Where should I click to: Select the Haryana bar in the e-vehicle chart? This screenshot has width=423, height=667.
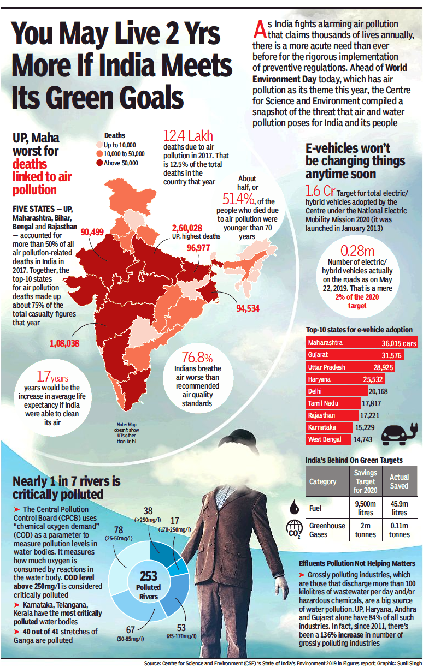click(x=345, y=379)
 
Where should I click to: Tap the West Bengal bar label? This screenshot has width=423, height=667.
click(x=325, y=439)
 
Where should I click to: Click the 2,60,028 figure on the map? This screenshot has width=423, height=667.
click(x=187, y=228)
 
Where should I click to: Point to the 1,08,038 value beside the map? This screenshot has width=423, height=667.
click(x=64, y=343)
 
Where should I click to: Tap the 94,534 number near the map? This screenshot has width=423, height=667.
click(x=248, y=308)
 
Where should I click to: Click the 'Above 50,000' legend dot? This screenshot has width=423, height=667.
click(x=99, y=162)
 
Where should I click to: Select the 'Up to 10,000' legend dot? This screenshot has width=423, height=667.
click(x=99, y=145)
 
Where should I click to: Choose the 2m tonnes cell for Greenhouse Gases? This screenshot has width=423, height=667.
click(x=365, y=529)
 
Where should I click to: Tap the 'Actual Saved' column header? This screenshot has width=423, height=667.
click(x=398, y=482)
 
